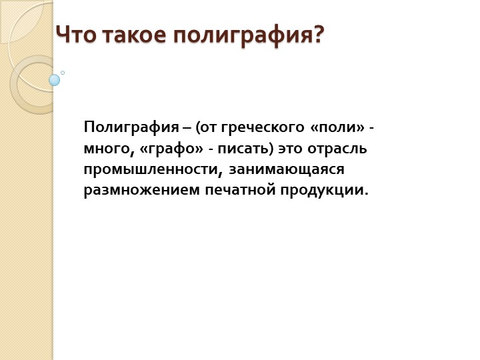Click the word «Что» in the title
coord(77,35)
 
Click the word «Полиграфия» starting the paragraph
coord(131,127)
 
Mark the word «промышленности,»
coord(153,169)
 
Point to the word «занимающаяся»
coord(287,169)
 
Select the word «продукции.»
coord(324,190)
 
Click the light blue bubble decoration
coord(55,80)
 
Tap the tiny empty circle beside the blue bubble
coord(63,73)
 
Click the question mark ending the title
coord(319,35)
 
